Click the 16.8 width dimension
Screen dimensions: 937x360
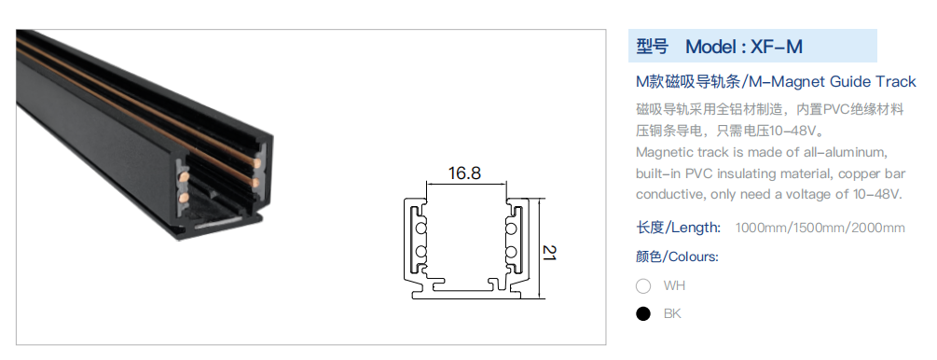464,173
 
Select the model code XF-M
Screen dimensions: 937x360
777,47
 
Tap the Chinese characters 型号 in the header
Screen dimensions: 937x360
652,47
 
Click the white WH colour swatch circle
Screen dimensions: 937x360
643,285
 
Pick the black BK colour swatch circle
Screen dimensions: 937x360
643,314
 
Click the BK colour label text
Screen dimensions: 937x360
672,314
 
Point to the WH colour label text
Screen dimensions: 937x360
674,285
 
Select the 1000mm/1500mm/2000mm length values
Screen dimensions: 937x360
820,228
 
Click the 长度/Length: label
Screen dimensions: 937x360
678,228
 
